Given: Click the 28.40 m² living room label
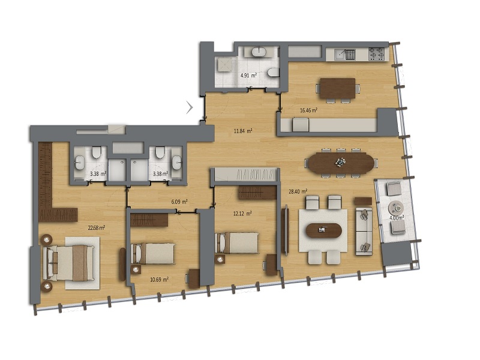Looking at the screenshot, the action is pyautogui.click(x=298, y=192).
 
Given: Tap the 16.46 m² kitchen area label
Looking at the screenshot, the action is pyautogui.click(x=308, y=110).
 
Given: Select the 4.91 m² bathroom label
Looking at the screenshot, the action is pyautogui.click(x=248, y=75).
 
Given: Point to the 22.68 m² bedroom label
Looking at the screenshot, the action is pyautogui.click(x=97, y=228).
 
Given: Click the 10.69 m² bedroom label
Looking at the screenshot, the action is pyautogui.click(x=159, y=280).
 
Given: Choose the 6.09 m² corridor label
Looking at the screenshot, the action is pyautogui.click(x=179, y=202).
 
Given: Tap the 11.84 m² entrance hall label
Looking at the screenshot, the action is pyautogui.click(x=243, y=131).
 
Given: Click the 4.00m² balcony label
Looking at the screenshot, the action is pyautogui.click(x=397, y=218).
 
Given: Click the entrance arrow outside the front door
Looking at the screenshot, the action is pyautogui.click(x=190, y=107).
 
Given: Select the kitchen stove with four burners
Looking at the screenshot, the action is pyautogui.click(x=376, y=54).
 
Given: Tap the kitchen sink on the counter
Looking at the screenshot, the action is pyautogui.click(x=344, y=55).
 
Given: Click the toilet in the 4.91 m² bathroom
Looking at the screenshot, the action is pyautogui.click(x=273, y=73).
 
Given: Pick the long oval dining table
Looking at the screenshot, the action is pyautogui.click(x=341, y=163).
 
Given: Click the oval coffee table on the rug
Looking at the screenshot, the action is pyautogui.click(x=323, y=230).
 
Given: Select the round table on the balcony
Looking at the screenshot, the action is pyautogui.click(x=396, y=208).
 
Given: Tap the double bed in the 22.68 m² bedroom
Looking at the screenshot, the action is pyautogui.click(x=68, y=263).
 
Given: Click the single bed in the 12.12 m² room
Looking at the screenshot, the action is pyautogui.click(x=236, y=243).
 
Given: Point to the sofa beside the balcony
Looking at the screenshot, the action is pyautogui.click(x=364, y=232).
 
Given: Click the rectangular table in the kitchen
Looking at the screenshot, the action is pyautogui.click(x=337, y=88).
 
